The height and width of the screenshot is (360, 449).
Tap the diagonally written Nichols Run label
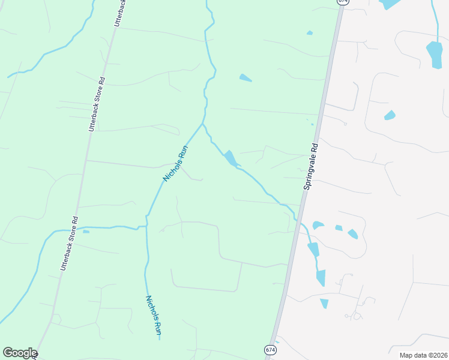176,163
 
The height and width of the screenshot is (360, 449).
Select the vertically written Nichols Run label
154,314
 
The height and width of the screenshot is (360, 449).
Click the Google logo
20,353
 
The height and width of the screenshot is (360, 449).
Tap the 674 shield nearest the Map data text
270,349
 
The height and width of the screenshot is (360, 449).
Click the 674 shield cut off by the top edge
342,2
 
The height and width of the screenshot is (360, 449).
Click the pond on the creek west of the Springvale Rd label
230,159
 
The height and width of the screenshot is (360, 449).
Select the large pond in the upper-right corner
434,54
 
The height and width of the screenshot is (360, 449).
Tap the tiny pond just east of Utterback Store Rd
86,231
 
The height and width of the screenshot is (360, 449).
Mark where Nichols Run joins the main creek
203,124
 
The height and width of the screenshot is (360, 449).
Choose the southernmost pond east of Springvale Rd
324,304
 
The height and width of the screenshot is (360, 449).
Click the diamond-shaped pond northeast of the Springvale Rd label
390,115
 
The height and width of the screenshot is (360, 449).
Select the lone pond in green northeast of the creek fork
245,77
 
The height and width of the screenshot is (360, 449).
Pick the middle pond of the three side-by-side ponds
339,228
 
